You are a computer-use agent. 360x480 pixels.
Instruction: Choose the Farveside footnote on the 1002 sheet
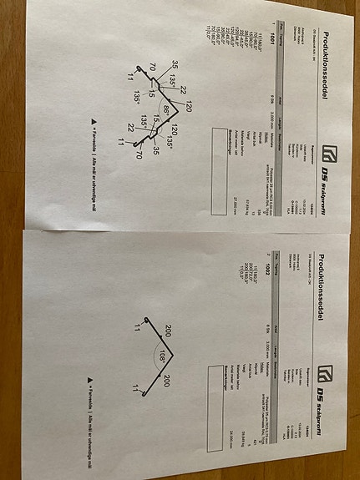pos(90,409)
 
